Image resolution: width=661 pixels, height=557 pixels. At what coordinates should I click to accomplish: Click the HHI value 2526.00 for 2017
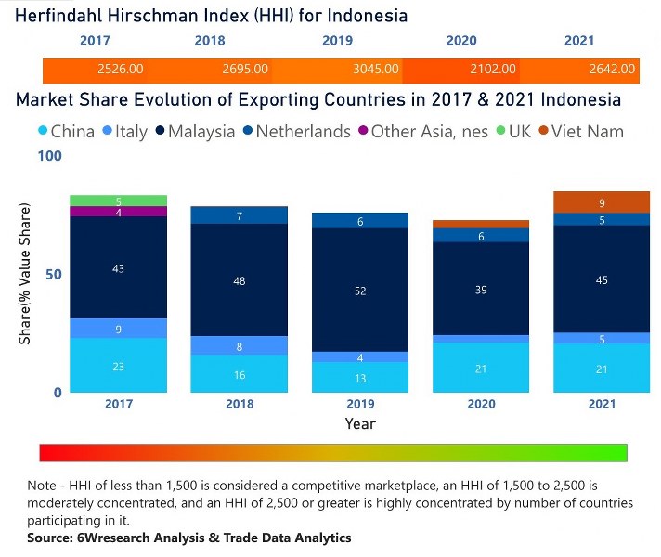tap(120, 69)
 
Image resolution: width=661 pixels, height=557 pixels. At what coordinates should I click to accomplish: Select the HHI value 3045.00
tap(376, 69)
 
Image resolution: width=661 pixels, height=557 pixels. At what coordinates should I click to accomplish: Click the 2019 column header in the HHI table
tap(338, 41)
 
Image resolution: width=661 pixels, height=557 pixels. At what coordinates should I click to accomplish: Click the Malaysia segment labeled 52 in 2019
tap(360, 291)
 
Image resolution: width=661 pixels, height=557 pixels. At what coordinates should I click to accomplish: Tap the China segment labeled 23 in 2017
tap(119, 366)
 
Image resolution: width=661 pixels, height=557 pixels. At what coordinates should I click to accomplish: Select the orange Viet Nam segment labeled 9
tap(602, 202)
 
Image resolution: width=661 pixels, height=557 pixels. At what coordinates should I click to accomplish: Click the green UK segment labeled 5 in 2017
tap(119, 201)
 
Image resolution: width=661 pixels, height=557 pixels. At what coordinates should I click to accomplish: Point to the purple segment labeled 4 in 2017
tap(119, 212)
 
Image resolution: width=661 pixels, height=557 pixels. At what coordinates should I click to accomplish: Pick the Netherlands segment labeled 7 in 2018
tap(240, 215)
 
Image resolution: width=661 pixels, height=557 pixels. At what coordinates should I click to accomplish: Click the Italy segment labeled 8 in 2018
tap(240, 346)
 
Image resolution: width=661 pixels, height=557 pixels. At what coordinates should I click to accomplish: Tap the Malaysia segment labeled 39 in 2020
tap(481, 290)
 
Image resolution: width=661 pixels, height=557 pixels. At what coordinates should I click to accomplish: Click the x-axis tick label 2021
tap(602, 405)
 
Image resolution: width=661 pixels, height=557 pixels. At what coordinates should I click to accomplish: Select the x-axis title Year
tap(360, 423)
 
